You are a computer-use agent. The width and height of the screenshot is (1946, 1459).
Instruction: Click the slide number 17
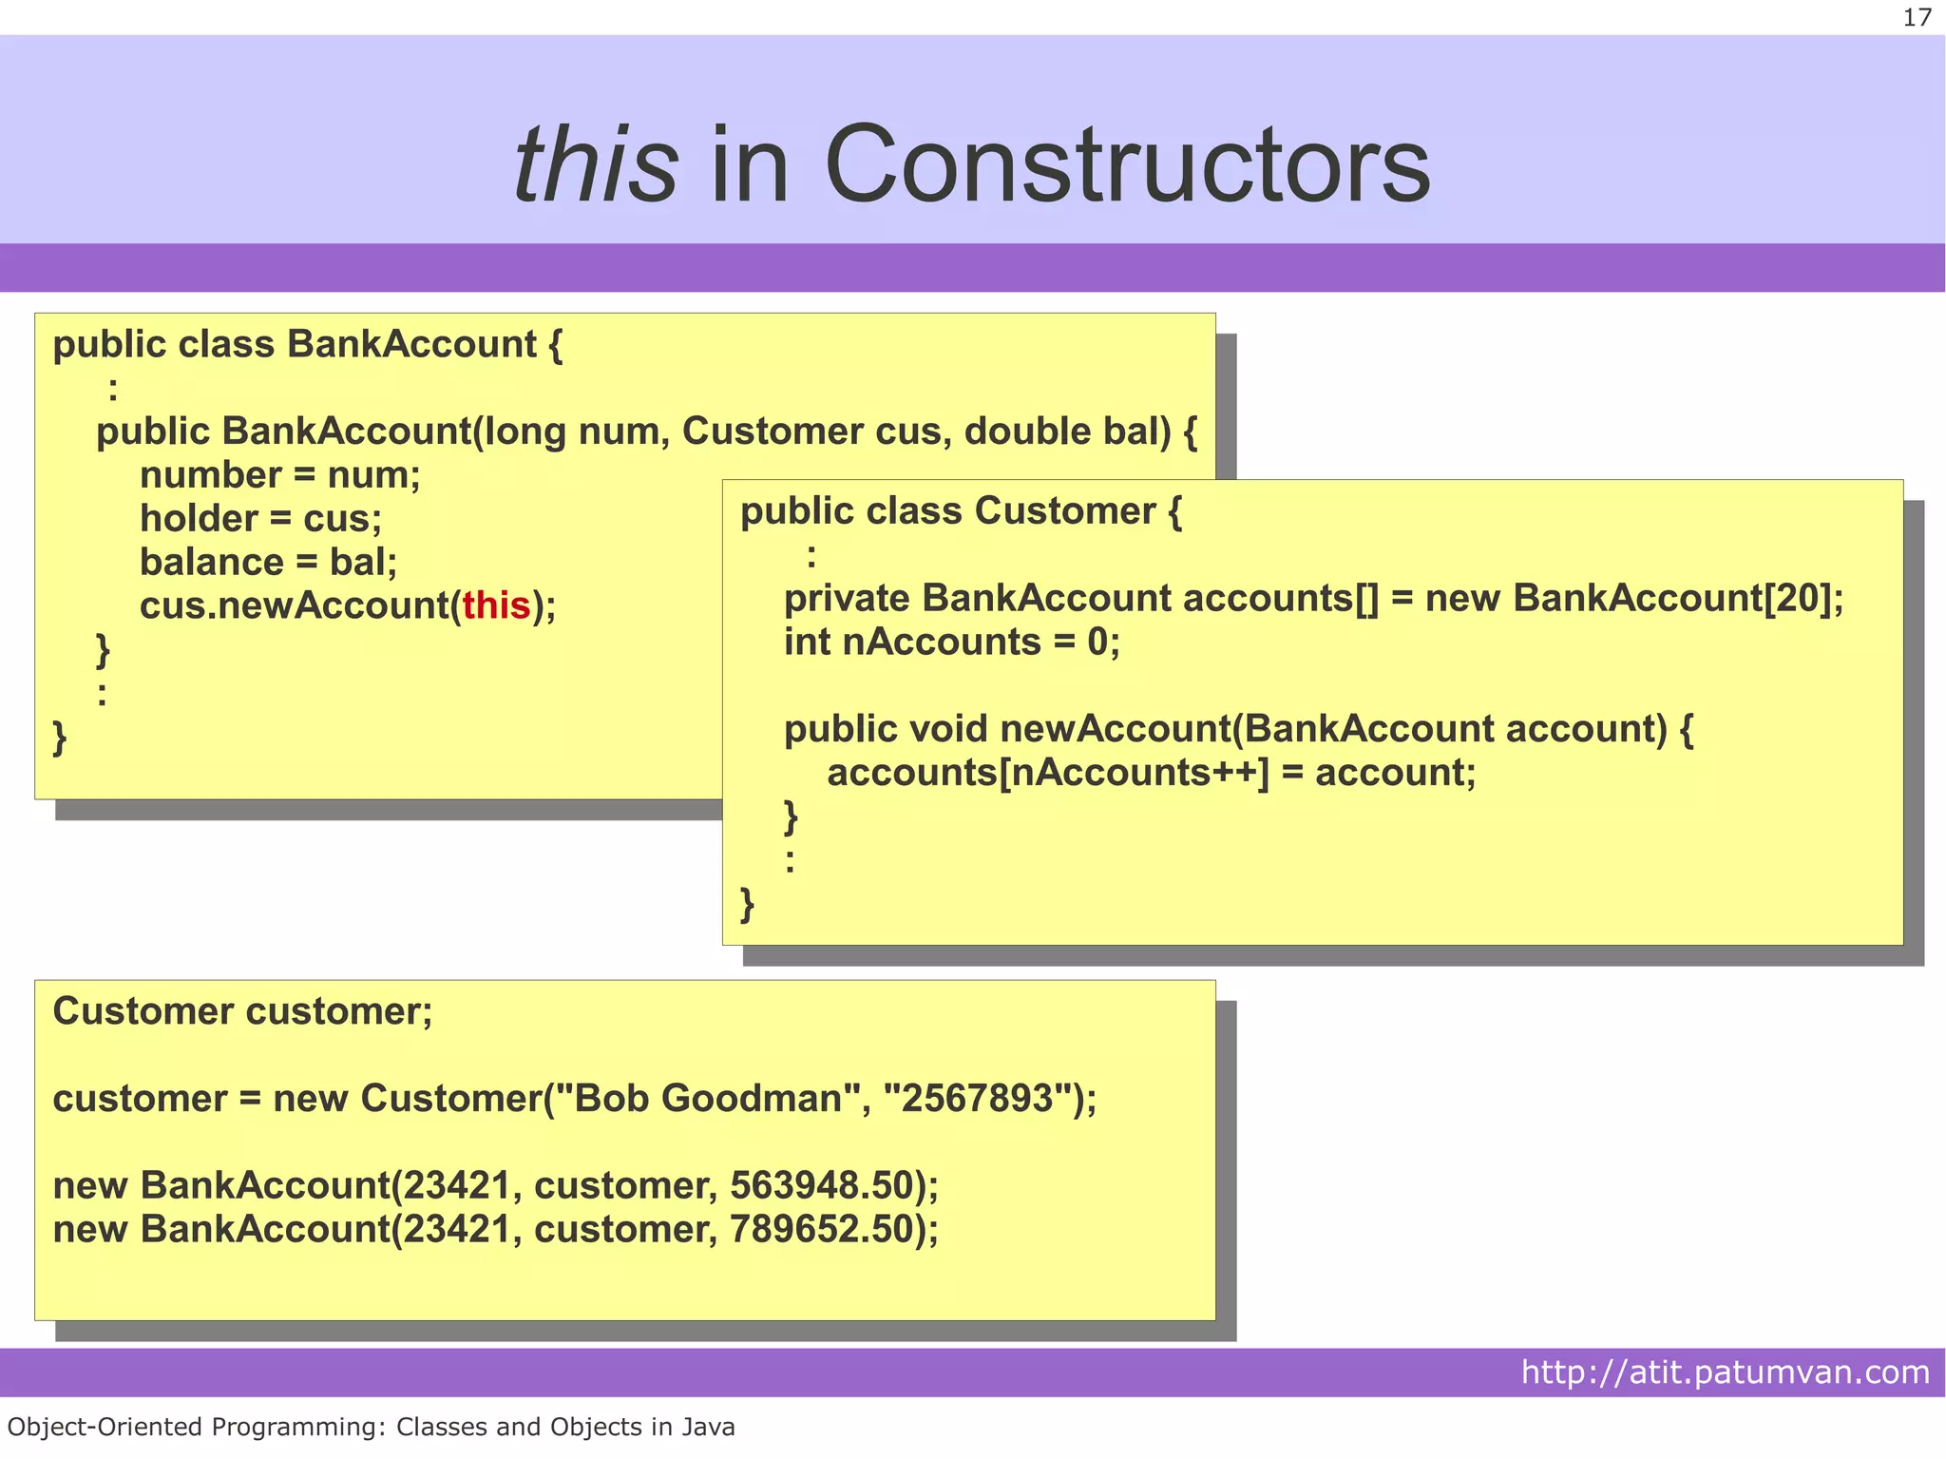coord(1917,18)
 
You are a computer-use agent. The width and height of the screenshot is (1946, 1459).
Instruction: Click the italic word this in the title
coord(596,166)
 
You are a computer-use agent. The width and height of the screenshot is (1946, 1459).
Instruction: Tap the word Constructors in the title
coord(1127,166)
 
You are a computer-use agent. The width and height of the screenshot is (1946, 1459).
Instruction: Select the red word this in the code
coord(496,605)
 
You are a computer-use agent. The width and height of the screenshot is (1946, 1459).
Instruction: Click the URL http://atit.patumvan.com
coord(1725,1372)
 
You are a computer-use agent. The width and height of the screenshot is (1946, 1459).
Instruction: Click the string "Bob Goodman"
coord(705,1099)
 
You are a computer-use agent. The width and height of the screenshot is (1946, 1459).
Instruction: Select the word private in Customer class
coord(846,599)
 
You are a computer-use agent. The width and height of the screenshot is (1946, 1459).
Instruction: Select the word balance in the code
coord(211,563)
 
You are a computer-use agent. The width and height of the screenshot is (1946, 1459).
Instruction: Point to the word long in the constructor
coord(525,432)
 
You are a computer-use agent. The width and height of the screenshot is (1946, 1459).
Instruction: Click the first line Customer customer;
coord(242,1011)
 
